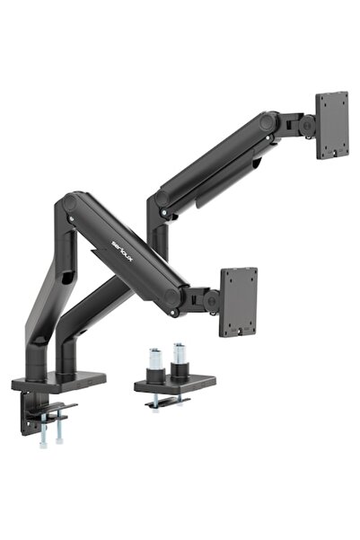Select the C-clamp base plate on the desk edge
click(59, 382)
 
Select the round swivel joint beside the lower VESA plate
click(210, 303)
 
